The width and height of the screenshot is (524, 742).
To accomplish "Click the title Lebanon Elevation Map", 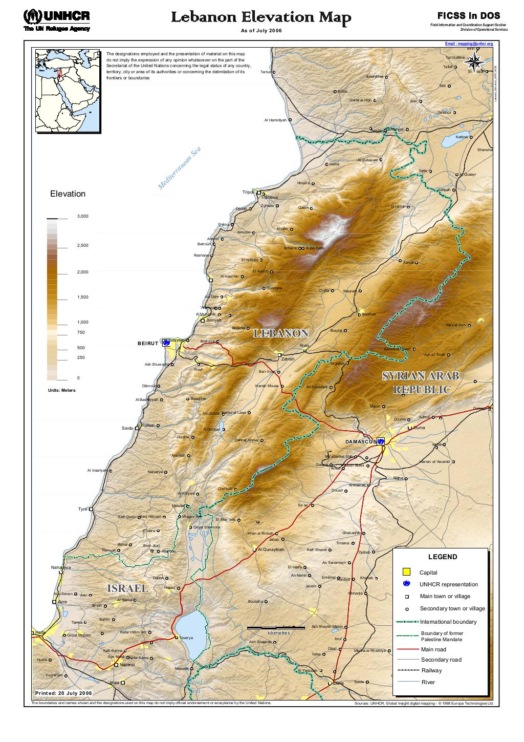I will [261, 18].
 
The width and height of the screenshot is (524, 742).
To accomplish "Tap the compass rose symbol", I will [474, 62].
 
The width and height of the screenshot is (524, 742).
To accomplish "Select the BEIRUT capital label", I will [148, 343].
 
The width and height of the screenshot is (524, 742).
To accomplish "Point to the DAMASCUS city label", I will [360, 441].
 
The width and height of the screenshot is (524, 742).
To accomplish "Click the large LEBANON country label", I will [281, 333].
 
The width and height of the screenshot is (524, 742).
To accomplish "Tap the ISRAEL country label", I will [127, 588].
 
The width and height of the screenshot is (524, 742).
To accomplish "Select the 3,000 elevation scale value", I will [82, 217].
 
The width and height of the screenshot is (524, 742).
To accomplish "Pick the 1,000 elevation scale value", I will [82, 322].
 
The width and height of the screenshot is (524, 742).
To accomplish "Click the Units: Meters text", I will [61, 390].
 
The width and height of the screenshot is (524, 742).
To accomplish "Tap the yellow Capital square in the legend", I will [406, 572].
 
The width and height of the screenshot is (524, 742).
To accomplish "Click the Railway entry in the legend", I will [431, 670].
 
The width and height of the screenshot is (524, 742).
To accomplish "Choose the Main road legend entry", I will [433, 649].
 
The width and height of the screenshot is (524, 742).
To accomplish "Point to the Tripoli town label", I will [248, 192].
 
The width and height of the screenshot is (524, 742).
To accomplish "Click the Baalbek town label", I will [368, 314].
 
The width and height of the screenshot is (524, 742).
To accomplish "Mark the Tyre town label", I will [82, 509].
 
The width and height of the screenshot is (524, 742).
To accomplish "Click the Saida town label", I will [126, 428].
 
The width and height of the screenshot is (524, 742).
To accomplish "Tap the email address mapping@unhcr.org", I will [469, 44].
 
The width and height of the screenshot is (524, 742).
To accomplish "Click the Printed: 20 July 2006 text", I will [63, 693].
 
